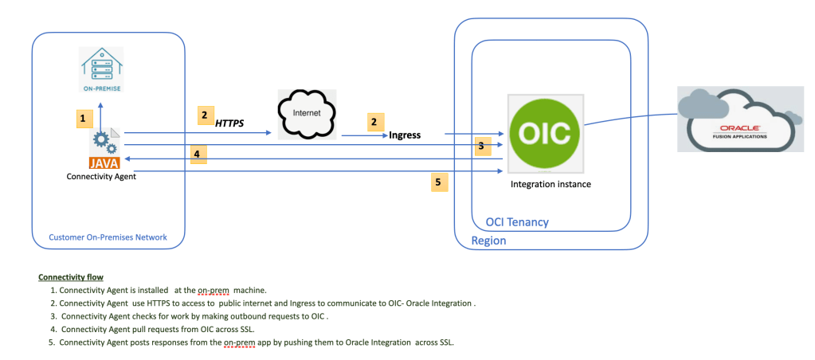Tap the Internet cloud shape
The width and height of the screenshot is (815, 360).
(x=307, y=115)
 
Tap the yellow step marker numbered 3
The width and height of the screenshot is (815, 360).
(x=480, y=146)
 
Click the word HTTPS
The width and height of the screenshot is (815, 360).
(x=229, y=123)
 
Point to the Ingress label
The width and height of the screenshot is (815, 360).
(x=405, y=135)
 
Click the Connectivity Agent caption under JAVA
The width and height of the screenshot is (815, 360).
(x=101, y=177)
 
